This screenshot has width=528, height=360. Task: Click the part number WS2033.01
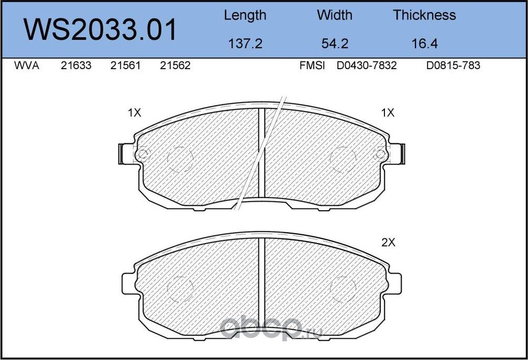100,30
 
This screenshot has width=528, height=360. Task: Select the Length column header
245,16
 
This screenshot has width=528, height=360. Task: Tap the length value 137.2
245,44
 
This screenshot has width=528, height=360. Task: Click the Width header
334,15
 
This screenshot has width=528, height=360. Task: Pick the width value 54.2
335,44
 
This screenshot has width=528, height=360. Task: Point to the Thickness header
424,15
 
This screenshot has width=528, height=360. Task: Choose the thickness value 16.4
425,44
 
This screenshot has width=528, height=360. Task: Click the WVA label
27,66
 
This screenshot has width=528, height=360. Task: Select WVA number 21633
76,66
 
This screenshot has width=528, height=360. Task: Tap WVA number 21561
125,66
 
